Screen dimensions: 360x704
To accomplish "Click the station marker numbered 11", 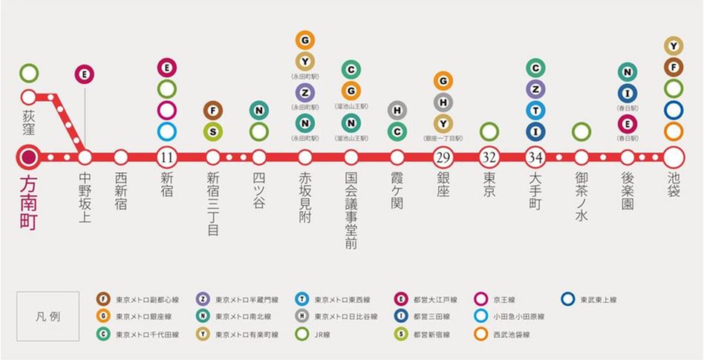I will [166, 157].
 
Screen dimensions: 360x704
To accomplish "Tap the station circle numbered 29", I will [443, 157].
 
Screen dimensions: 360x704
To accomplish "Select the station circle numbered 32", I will [489, 157].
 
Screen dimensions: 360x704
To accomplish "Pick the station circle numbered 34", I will [535, 157].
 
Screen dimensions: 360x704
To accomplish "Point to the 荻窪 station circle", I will [29, 96].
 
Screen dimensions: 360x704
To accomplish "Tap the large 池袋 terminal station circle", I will [674, 157].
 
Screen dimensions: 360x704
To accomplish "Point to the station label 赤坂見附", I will [304, 197].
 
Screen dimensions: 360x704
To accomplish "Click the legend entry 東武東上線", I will [590, 300].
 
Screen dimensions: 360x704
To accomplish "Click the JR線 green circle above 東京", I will [489, 132].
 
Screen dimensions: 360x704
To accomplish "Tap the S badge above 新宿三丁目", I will [212, 132].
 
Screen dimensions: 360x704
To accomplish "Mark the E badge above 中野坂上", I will [84, 73].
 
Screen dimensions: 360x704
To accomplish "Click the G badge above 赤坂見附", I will [304, 39].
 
